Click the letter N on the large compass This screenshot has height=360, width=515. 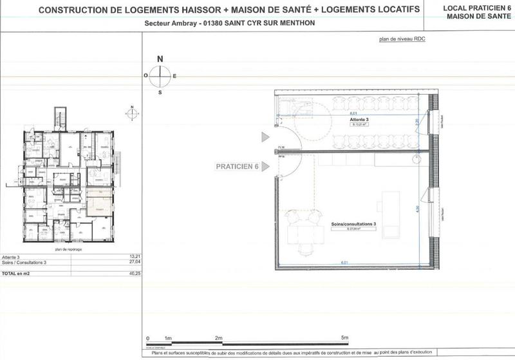[160, 59]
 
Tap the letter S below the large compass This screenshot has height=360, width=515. [160, 93]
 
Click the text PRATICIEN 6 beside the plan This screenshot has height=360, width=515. [237, 166]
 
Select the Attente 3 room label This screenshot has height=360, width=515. [359, 120]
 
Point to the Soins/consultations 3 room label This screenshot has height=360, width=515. [353, 223]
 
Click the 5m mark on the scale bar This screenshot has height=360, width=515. [344, 337]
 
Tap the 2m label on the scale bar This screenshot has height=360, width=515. [218, 337]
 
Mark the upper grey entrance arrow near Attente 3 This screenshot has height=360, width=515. [265, 137]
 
